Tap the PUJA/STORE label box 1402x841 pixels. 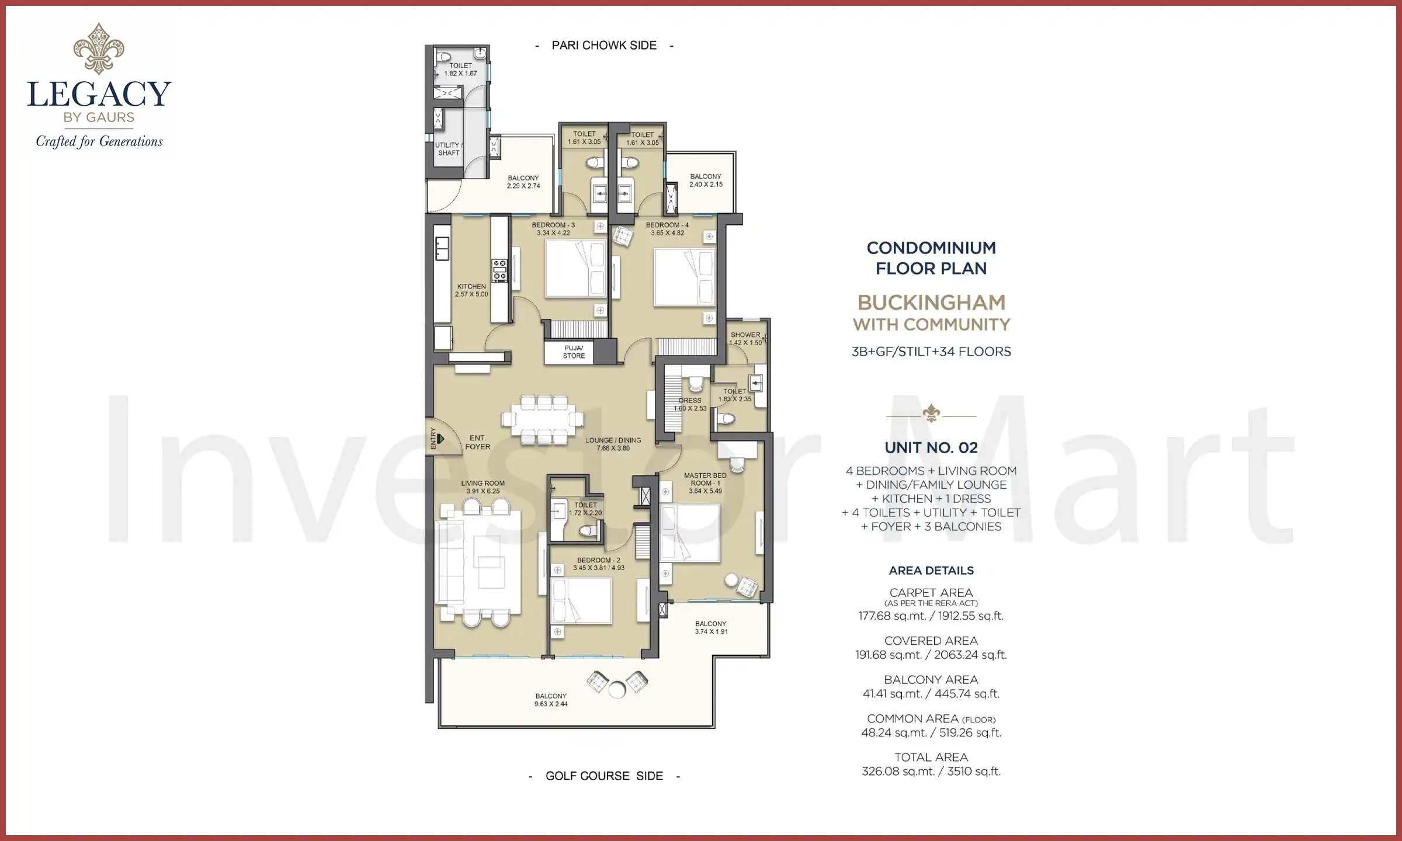coord(574,352)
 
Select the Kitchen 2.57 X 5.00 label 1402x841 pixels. coord(471,290)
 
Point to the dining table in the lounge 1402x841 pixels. coord(542,419)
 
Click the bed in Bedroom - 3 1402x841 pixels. coord(575,270)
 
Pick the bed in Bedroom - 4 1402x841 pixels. coord(685,277)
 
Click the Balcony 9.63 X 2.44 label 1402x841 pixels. coord(551,700)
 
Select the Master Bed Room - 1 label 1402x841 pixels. coord(705,483)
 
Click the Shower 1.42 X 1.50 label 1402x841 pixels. coord(745,339)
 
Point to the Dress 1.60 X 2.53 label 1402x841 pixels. coord(690,404)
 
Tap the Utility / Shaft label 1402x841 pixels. coord(449,149)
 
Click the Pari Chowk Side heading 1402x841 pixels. coord(604,46)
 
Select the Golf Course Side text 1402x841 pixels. coord(604,776)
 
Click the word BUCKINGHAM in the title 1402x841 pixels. coord(931,303)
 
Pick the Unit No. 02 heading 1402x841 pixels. coord(931,448)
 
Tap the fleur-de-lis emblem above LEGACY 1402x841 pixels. coord(99,48)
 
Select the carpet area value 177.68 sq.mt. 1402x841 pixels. coord(893,616)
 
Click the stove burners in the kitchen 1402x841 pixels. coord(500,270)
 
